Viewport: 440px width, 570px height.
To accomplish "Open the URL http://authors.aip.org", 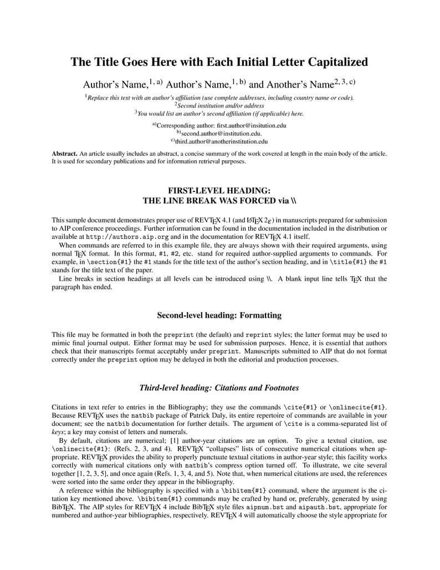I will click(121, 236).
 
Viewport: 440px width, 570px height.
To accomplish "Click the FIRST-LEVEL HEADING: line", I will click(219, 190).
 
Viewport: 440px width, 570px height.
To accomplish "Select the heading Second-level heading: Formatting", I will click(219, 315).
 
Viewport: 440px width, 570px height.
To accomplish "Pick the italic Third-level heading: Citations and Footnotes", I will click(219, 388).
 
